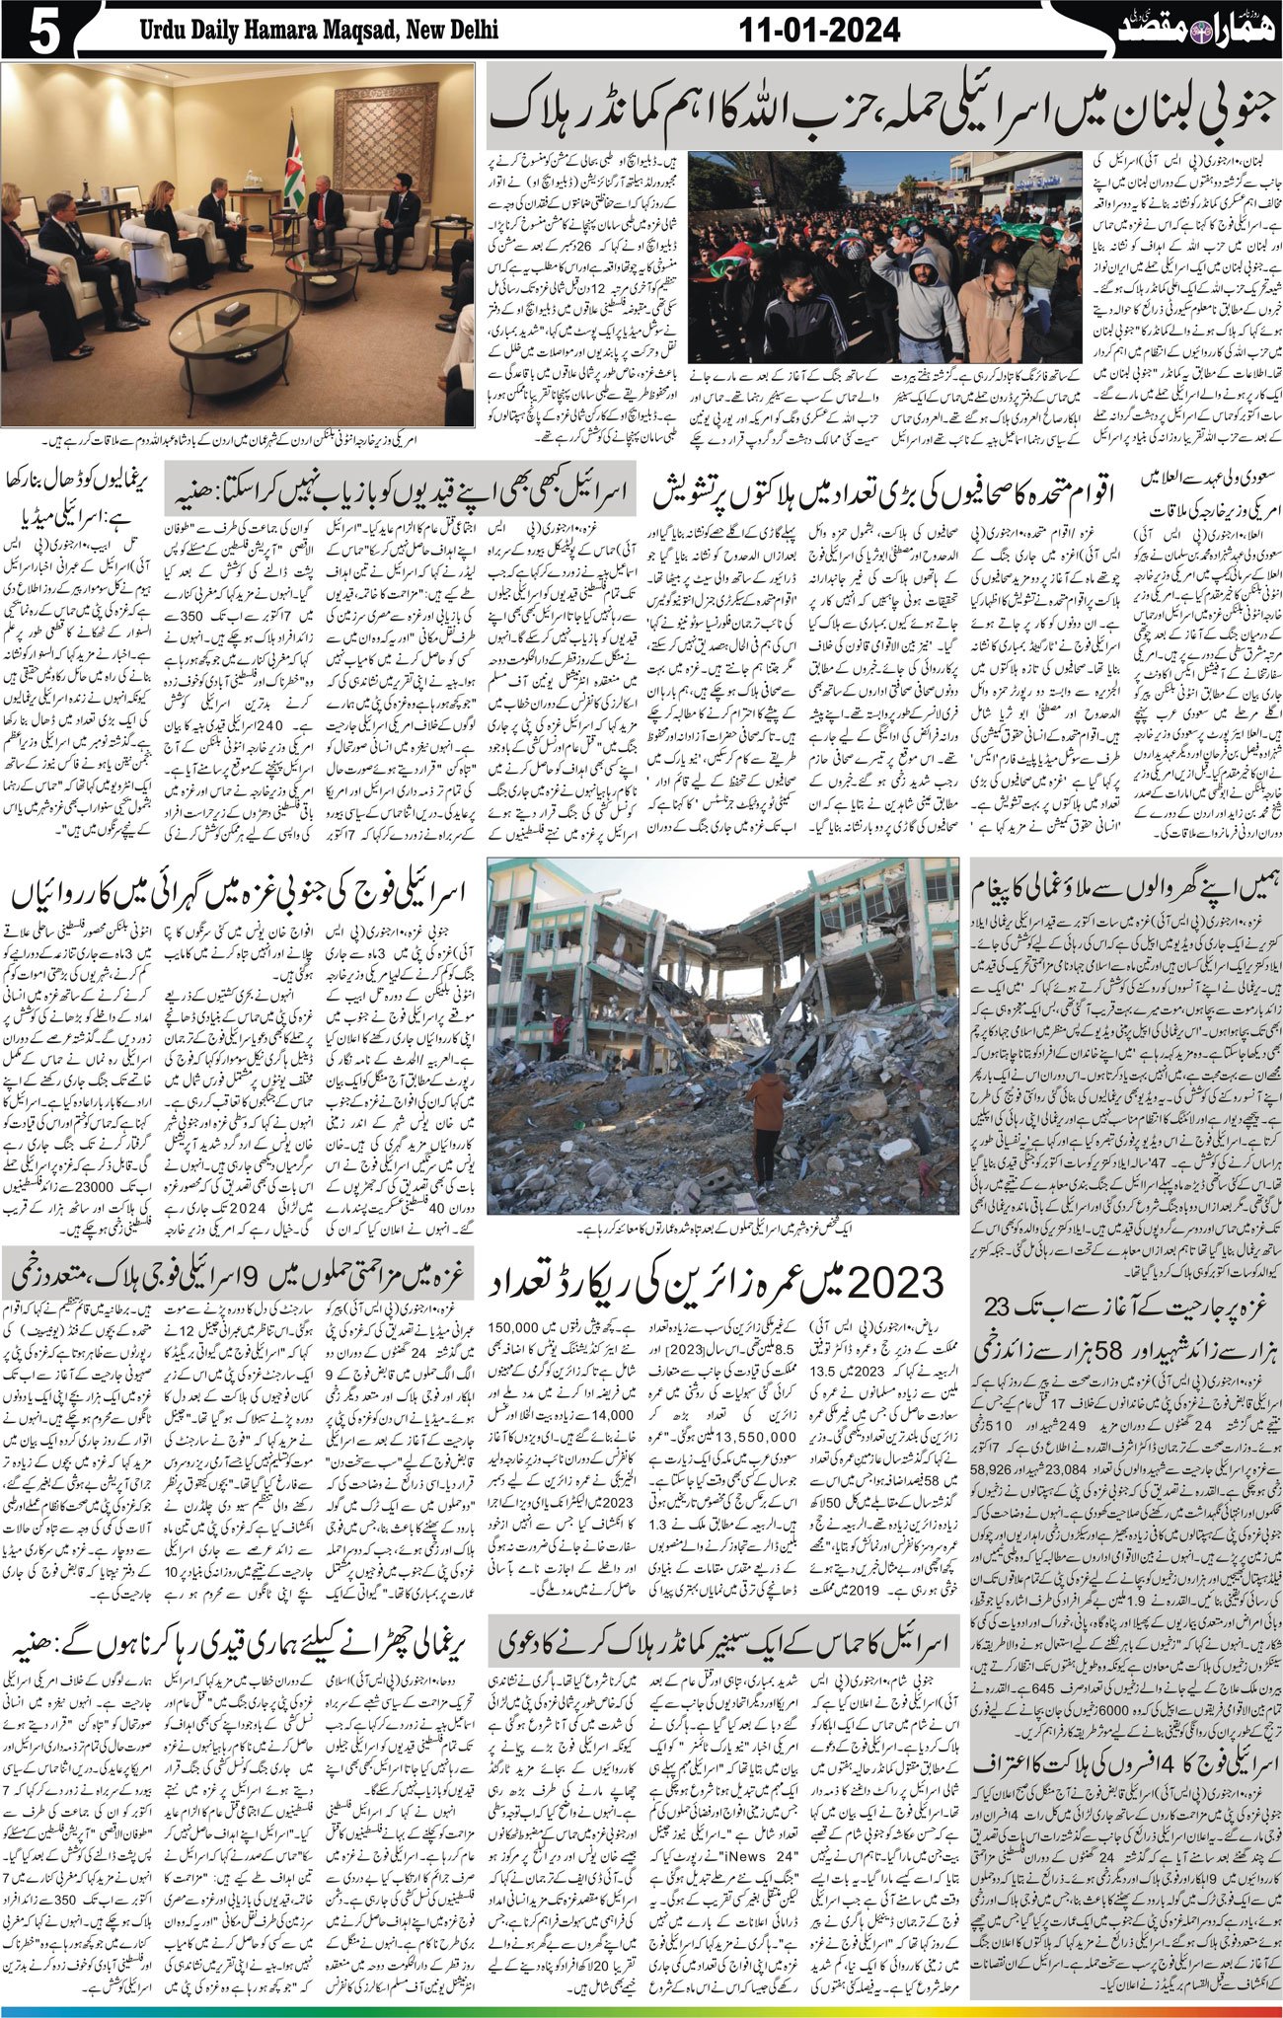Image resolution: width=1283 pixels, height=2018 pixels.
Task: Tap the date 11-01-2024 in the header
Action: (820, 31)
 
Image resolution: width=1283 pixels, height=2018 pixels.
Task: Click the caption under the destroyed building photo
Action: (721, 1227)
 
